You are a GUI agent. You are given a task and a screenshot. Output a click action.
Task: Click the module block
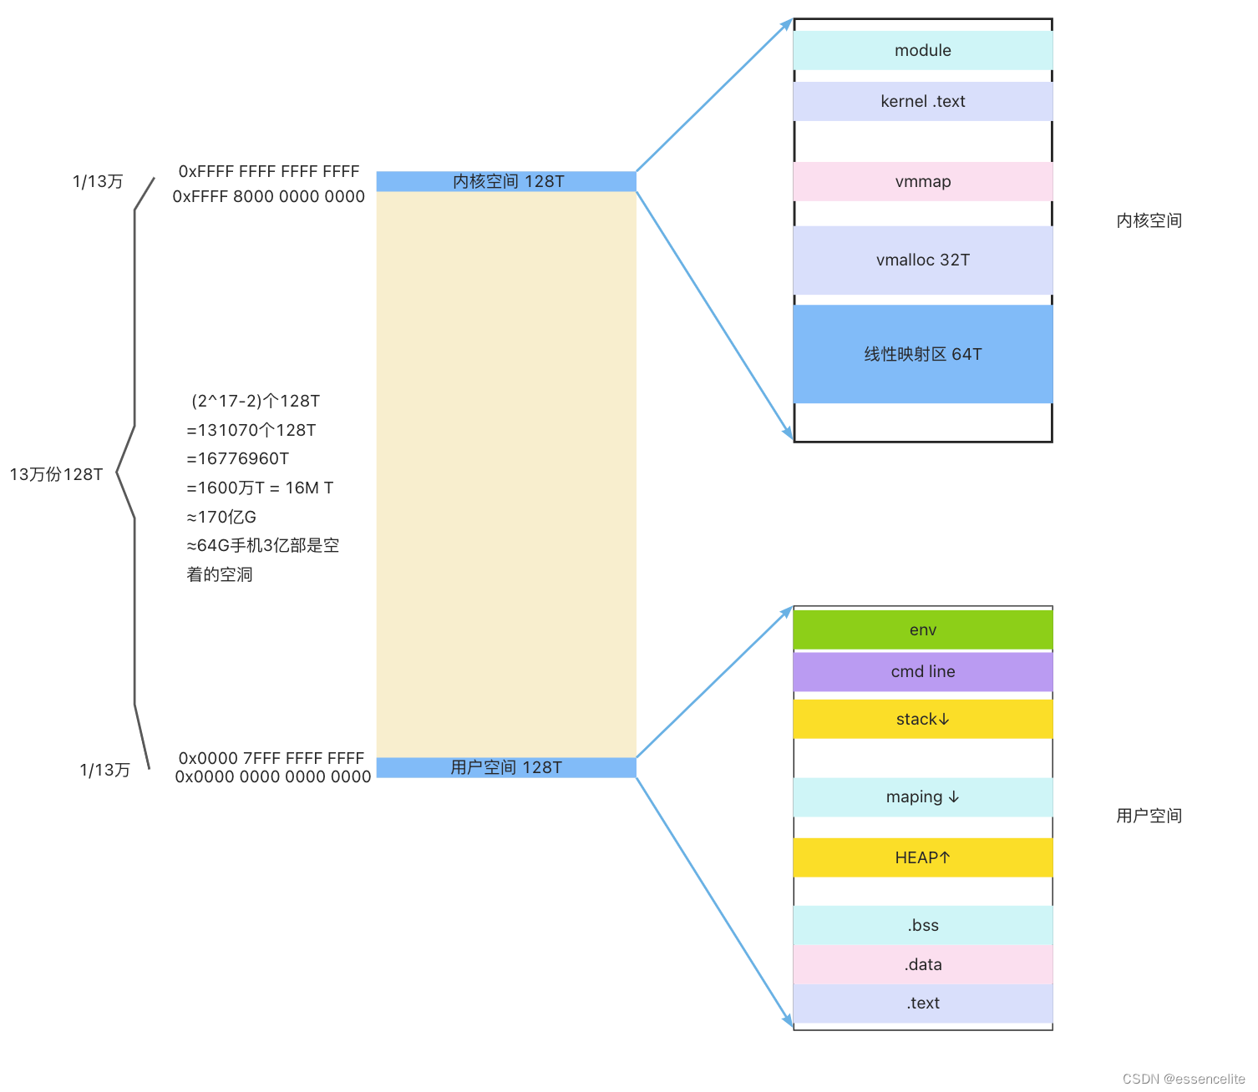(922, 50)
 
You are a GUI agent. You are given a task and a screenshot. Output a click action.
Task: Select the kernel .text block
(922, 101)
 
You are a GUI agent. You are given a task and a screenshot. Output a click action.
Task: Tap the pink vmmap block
(922, 181)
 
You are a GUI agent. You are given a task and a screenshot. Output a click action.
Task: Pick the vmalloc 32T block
(922, 260)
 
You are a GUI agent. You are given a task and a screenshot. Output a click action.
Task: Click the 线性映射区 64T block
(922, 354)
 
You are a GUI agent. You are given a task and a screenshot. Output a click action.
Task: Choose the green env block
(922, 629)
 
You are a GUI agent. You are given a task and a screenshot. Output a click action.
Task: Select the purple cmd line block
(922, 671)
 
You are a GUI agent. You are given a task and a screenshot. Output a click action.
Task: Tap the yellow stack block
(922, 719)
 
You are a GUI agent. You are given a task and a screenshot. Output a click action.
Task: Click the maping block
(922, 796)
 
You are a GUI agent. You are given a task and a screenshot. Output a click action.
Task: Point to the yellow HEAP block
(922, 857)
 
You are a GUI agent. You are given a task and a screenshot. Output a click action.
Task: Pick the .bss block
(922, 925)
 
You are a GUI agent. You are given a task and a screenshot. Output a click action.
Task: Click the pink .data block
(922, 964)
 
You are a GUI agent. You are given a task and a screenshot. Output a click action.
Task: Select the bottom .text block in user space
(922, 1003)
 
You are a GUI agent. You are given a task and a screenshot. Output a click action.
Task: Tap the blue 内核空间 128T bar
(506, 181)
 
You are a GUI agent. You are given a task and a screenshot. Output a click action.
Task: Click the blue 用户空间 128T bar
(506, 767)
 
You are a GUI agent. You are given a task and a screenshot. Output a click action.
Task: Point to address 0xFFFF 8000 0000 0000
(268, 196)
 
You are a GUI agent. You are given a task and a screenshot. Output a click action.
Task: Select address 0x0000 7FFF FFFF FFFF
(271, 758)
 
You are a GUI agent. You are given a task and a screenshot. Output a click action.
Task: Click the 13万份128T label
(56, 474)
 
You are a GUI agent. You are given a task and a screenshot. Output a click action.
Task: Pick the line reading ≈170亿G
(221, 517)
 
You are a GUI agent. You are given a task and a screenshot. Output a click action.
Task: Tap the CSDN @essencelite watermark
(1183, 1079)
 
